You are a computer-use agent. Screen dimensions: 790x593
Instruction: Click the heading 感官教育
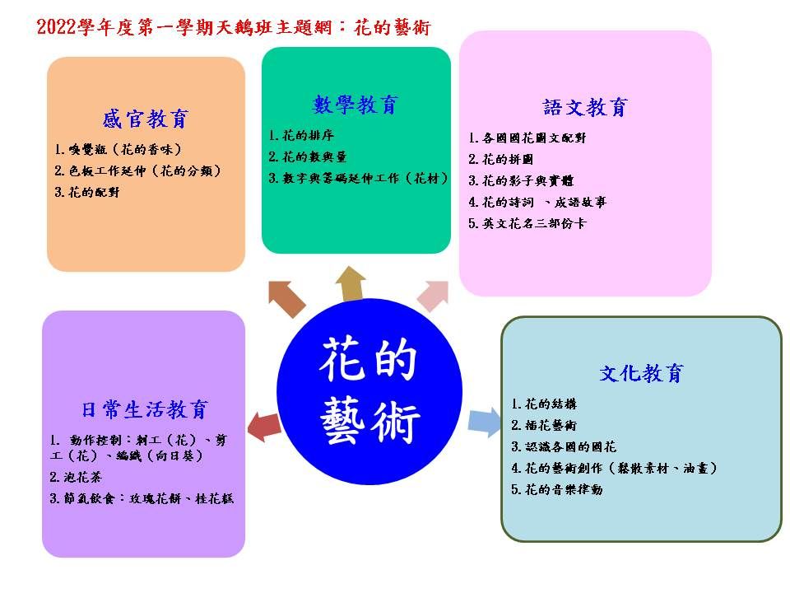(145, 119)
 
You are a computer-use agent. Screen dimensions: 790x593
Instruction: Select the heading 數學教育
(355, 105)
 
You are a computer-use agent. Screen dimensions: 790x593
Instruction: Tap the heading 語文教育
(585, 107)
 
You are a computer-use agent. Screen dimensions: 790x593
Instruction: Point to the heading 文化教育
(641, 373)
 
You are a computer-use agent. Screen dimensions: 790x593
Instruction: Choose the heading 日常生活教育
(145, 409)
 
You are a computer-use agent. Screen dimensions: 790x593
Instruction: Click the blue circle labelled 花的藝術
(369, 391)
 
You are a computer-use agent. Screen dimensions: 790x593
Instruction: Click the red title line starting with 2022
(234, 27)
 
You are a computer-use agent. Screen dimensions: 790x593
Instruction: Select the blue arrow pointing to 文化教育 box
(484, 422)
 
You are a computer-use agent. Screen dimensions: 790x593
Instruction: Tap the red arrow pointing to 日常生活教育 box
(264, 427)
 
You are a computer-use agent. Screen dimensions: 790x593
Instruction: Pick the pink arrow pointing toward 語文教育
(434, 296)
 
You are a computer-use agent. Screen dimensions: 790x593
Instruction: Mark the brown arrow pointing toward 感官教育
(286, 299)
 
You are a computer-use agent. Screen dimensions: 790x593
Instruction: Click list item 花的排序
(301, 135)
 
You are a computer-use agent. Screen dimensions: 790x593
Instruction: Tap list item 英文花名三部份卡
(527, 223)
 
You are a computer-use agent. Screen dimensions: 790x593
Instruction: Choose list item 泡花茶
(76, 477)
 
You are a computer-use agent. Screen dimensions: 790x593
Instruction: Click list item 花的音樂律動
(557, 489)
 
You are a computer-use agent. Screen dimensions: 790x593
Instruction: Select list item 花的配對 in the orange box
(87, 192)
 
